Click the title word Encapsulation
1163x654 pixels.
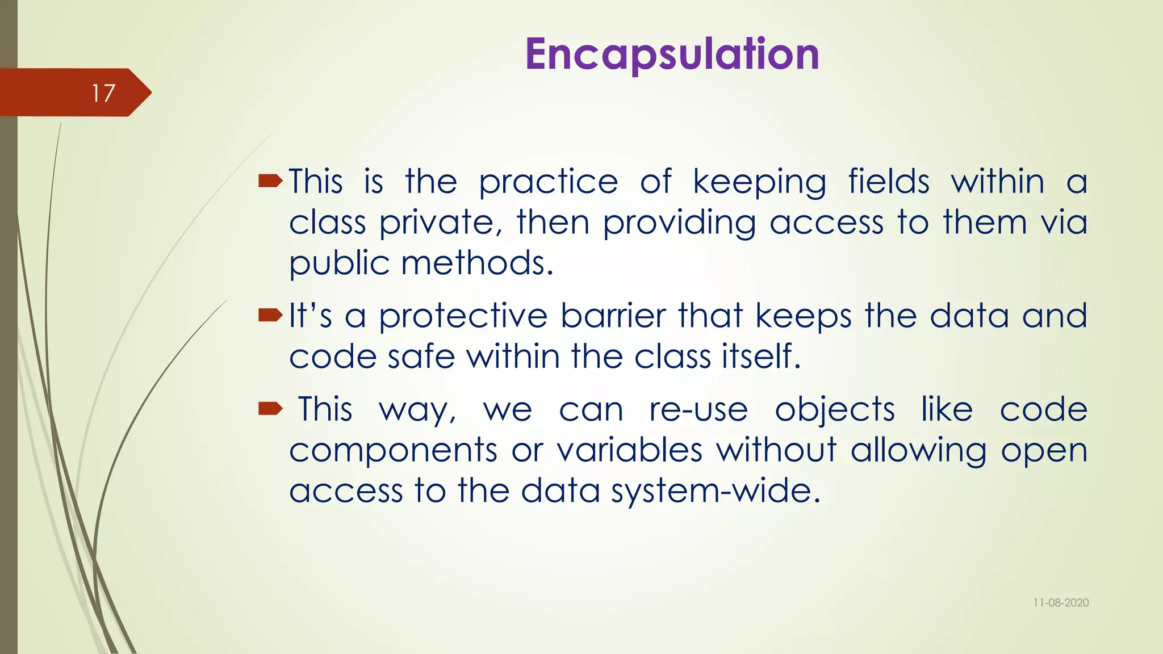pyautogui.click(x=672, y=54)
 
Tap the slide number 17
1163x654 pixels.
pyautogui.click(x=103, y=93)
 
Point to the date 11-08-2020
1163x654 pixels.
pyautogui.click(x=1061, y=603)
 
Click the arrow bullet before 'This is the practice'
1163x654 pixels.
pyautogui.click(x=270, y=182)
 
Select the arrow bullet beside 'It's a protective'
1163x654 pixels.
pyautogui.click(x=270, y=315)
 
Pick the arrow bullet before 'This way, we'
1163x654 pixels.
pyautogui.click(x=270, y=409)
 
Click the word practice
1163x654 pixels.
pyautogui.click(x=548, y=183)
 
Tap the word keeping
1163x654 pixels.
pyautogui.click(x=759, y=183)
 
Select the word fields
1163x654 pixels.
pyautogui.click(x=889, y=182)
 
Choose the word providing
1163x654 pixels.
pyautogui.click(x=679, y=223)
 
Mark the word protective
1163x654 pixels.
pyautogui.click(x=463, y=316)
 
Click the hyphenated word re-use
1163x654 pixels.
pyautogui.click(x=698, y=409)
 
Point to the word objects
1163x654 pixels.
pyautogui.click(x=835, y=409)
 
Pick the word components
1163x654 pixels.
pyautogui.click(x=394, y=451)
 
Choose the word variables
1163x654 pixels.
pyautogui.click(x=629, y=450)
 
